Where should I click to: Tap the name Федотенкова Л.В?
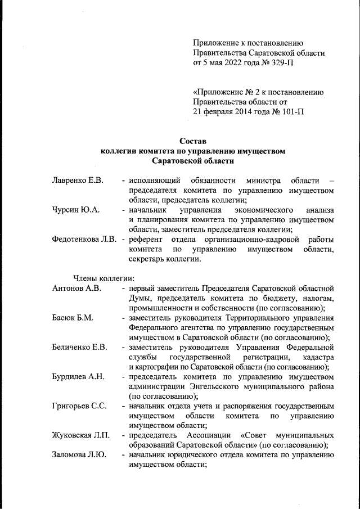[84, 240]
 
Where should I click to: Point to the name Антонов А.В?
[76, 289]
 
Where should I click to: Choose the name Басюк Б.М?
[73, 318]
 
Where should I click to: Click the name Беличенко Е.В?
[79, 348]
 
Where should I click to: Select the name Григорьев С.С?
[79, 406]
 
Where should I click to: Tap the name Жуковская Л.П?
[80, 435]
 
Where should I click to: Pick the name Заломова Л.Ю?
[78, 456]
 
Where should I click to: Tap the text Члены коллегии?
[103, 279]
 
